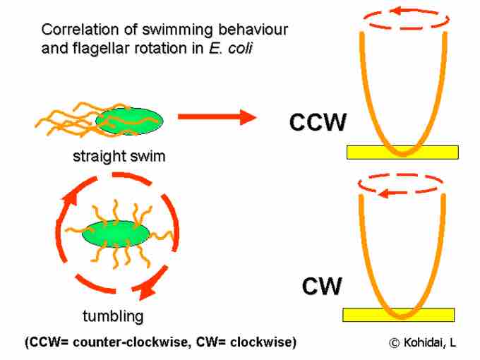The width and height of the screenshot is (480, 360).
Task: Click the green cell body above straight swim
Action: click(129, 121)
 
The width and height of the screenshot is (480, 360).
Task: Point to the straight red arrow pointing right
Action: click(216, 117)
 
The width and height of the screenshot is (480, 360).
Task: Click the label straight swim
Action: click(119, 156)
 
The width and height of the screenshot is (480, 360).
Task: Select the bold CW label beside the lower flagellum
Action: click(322, 286)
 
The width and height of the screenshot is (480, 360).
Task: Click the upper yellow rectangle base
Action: click(402, 152)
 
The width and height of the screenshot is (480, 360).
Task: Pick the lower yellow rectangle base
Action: click(398, 315)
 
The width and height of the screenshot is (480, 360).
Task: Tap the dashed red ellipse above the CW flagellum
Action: click(401, 185)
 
